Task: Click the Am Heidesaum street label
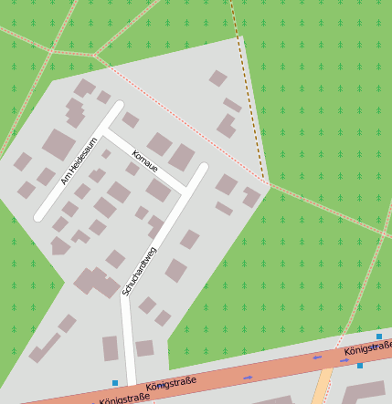coord(79,161)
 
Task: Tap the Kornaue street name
coord(145,162)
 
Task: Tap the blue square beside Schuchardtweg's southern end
coord(115,383)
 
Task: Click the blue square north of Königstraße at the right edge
coord(379,337)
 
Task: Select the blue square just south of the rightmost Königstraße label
coord(360,366)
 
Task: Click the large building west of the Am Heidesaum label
coord(58,144)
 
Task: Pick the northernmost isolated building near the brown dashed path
coord(218,78)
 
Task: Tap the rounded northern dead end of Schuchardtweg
coord(203,168)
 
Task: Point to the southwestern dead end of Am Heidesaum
coord(39,216)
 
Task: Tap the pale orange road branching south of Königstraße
coord(321,389)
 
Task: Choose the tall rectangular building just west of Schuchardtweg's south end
coord(111,348)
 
